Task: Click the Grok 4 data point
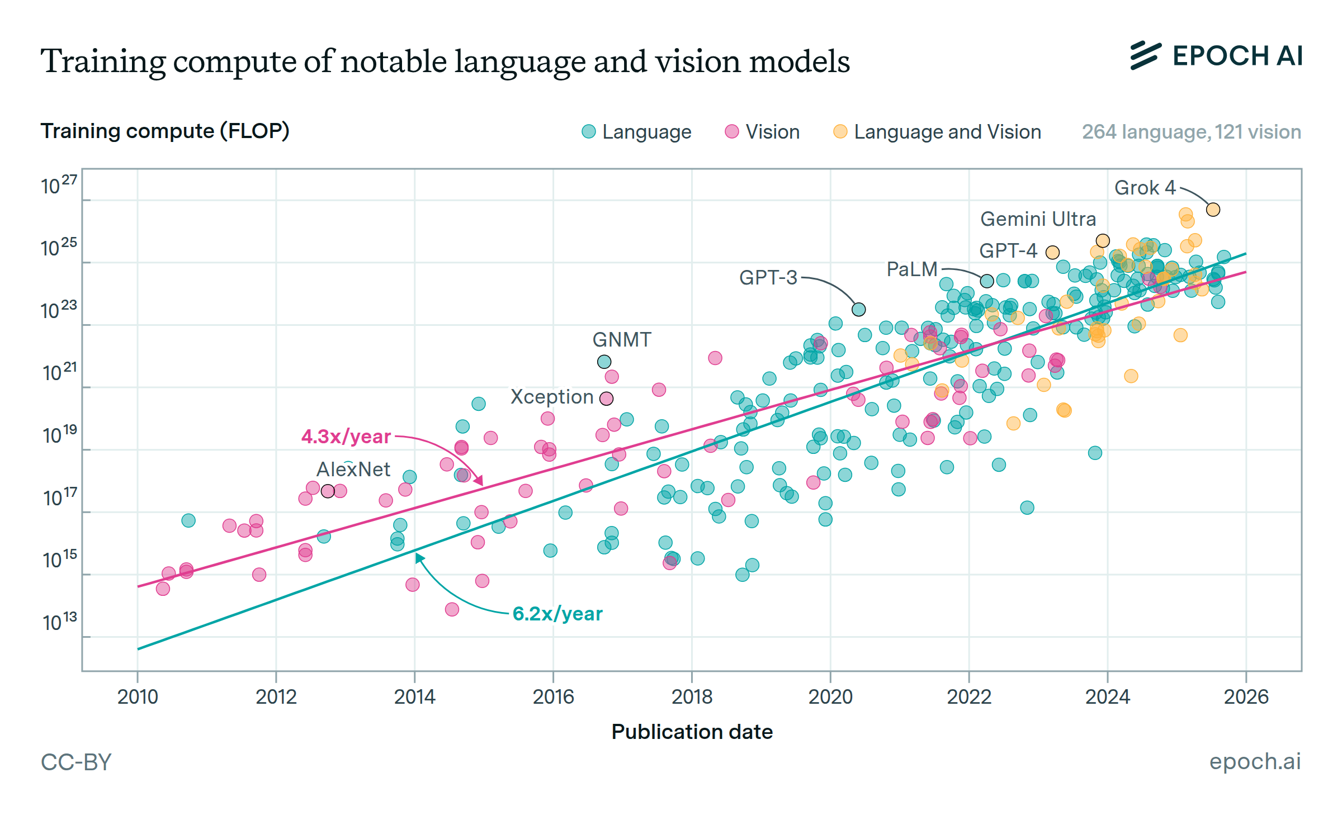click(1213, 210)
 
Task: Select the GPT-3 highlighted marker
click(858, 309)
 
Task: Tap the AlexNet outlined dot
click(328, 491)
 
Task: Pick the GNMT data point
click(604, 362)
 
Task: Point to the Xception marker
click(606, 399)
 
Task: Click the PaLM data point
click(987, 281)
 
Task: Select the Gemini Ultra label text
click(1038, 219)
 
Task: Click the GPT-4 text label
click(1008, 250)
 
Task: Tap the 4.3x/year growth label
click(346, 437)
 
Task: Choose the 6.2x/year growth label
click(557, 614)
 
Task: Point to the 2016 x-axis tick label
click(553, 697)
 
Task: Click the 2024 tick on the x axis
click(1107, 697)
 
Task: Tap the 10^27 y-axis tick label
click(59, 185)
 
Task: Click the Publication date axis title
click(692, 732)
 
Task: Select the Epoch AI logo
click(1216, 56)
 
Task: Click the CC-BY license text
click(76, 762)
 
